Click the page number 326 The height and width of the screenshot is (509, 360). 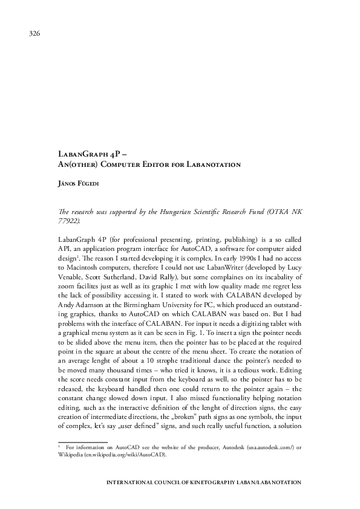click(x=34, y=33)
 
